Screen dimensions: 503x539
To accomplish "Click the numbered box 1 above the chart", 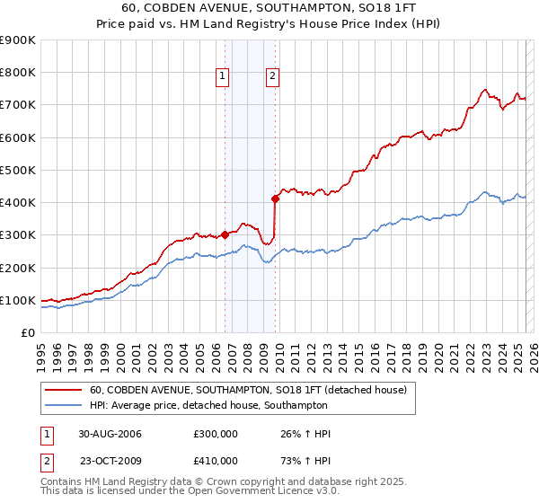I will coord(222,77).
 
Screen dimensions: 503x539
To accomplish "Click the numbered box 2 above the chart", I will coord(271,77).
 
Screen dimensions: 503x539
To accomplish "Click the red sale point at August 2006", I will coord(225,235).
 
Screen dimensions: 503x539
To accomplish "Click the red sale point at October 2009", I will coord(275,199).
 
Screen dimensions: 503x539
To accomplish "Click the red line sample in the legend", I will coord(64,390).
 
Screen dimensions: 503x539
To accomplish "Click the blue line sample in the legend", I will coord(64,405).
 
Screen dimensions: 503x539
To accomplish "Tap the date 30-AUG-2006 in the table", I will coord(110,434).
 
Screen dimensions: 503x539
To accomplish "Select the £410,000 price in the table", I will coord(216,461).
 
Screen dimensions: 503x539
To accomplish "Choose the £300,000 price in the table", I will coord(216,434).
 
